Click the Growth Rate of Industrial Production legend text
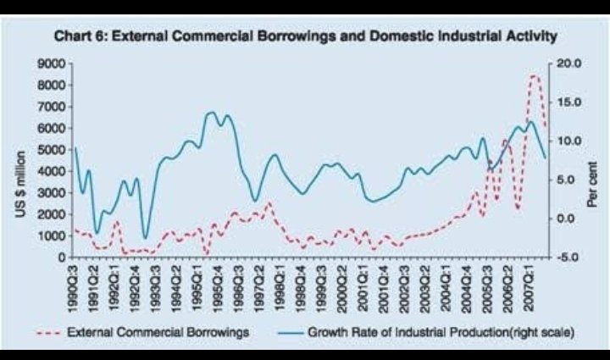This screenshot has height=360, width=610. (x=441, y=333)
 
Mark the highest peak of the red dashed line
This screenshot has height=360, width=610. (x=534, y=75)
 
